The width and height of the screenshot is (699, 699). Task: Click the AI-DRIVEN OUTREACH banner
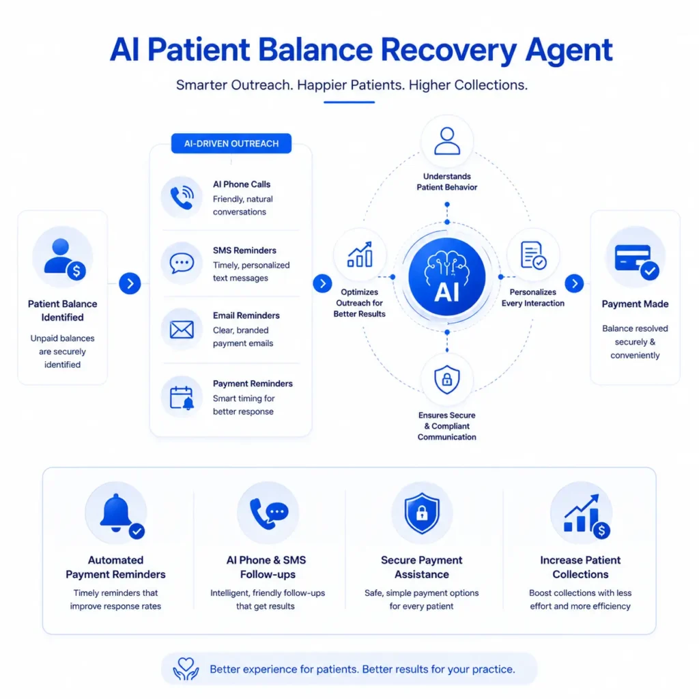click(x=231, y=143)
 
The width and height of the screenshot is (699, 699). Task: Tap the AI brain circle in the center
click(x=446, y=276)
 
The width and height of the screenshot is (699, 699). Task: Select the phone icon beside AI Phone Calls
click(x=182, y=197)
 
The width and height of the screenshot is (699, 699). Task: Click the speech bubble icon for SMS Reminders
click(x=182, y=263)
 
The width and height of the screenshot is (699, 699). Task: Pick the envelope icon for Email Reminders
click(x=182, y=330)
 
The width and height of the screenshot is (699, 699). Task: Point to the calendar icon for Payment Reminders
click(x=182, y=398)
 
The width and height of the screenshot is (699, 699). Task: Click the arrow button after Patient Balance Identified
click(x=130, y=283)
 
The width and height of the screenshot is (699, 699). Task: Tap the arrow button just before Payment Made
click(x=574, y=283)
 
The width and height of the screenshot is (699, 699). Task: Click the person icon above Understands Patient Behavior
click(x=447, y=141)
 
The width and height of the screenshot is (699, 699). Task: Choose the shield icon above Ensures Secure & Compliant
click(x=446, y=380)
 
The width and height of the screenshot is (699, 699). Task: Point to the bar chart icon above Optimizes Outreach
click(x=360, y=255)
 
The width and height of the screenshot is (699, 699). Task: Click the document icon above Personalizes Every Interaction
click(x=533, y=255)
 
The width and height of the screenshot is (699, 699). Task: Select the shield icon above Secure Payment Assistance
click(x=422, y=513)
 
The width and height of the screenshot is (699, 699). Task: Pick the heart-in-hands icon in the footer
click(x=186, y=669)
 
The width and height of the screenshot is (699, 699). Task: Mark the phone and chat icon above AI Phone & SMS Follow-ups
click(x=269, y=513)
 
